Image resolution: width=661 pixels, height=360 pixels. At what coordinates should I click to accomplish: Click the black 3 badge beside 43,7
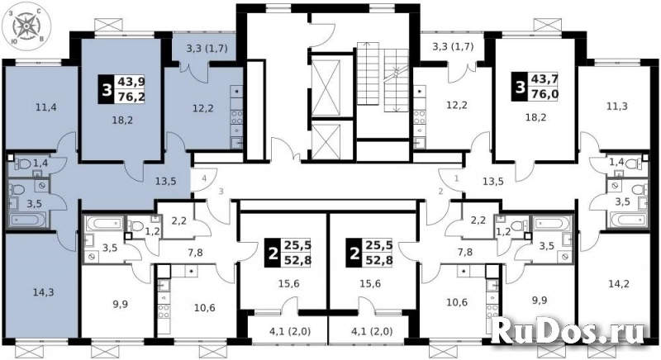click(519, 85)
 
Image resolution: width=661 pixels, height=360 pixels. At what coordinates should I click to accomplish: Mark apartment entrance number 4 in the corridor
click(202, 177)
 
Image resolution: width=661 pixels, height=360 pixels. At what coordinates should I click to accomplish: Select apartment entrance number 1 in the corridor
click(454, 177)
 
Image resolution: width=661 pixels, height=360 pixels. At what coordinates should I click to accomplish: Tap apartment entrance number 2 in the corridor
click(440, 192)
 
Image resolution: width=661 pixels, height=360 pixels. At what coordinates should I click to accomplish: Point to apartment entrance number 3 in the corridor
click(220, 192)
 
